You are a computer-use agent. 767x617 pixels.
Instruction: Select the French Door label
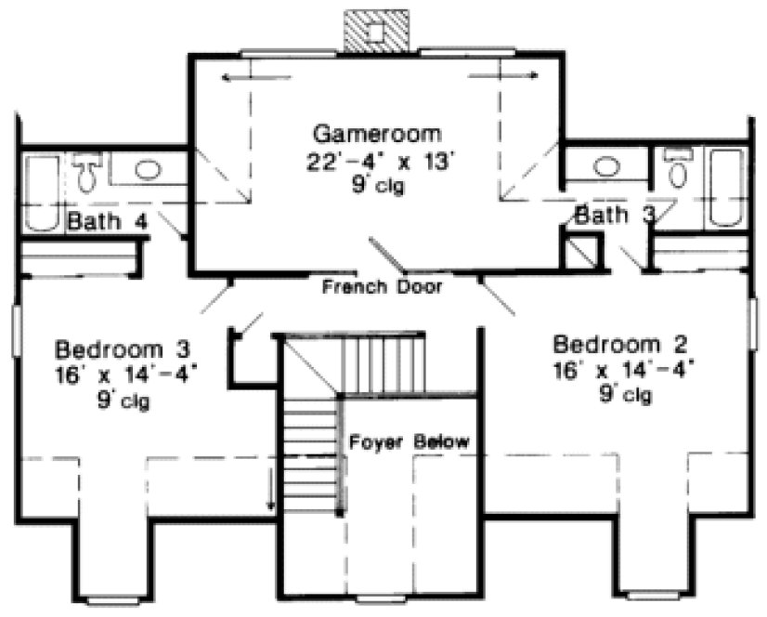382,287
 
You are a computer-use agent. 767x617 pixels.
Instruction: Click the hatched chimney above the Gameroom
375,33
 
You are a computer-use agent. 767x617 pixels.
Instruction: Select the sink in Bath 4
147,170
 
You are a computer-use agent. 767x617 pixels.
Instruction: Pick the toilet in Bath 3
676,169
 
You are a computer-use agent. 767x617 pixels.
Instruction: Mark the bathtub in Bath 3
726,188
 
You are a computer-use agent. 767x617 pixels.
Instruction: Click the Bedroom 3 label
123,350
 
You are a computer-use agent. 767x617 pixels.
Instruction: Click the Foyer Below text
409,440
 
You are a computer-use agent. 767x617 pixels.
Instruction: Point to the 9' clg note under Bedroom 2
625,395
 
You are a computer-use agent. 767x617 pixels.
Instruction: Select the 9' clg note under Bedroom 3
125,402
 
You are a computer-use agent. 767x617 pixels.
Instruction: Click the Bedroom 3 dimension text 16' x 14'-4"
127,376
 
